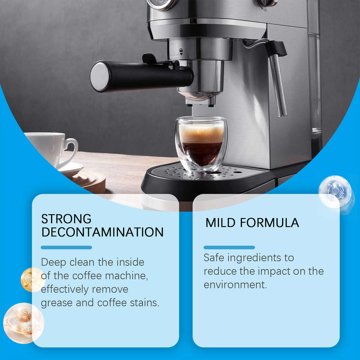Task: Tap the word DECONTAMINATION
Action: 102,232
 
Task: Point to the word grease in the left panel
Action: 57,303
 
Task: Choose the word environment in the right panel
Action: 235,284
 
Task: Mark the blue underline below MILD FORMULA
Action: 229,247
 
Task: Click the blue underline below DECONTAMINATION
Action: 66,247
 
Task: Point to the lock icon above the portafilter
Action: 181,51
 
